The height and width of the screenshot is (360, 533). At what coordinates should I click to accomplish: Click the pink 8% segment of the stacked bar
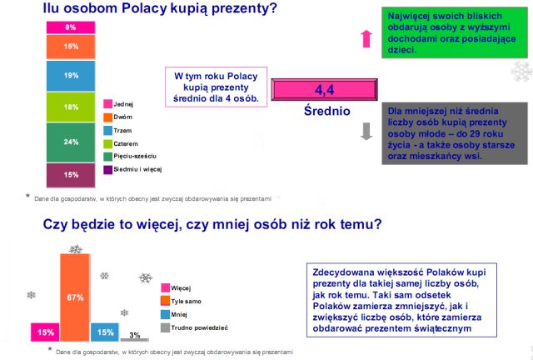71,27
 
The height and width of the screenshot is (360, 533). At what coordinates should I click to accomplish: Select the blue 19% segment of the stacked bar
71,76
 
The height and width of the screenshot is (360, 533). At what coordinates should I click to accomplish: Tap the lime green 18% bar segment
71,107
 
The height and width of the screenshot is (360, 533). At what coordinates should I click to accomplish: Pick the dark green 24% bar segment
71,142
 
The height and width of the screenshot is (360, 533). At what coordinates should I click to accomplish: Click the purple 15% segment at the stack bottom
71,175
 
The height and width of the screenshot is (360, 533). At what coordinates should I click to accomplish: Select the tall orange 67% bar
75,297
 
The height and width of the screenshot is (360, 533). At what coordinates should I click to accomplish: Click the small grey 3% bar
135,340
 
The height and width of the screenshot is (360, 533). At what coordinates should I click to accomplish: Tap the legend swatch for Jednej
107,104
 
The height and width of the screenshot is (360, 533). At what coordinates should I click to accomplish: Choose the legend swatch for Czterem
107,143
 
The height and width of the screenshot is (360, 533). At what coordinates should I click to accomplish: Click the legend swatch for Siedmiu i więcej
107,169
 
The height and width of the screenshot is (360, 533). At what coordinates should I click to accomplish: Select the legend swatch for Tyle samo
165,301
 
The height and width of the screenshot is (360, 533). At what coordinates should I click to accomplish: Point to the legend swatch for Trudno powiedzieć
165,327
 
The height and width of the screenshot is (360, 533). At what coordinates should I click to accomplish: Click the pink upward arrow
366,39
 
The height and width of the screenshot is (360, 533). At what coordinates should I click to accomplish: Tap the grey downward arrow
366,131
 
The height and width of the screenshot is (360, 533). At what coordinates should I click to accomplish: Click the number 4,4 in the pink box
324,90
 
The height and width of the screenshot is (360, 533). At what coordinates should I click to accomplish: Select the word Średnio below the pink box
327,111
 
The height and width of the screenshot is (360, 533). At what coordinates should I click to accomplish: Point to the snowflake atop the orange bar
76,249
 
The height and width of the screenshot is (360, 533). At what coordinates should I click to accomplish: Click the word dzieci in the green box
401,50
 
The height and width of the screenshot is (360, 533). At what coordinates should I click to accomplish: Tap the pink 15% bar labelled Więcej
45,332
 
